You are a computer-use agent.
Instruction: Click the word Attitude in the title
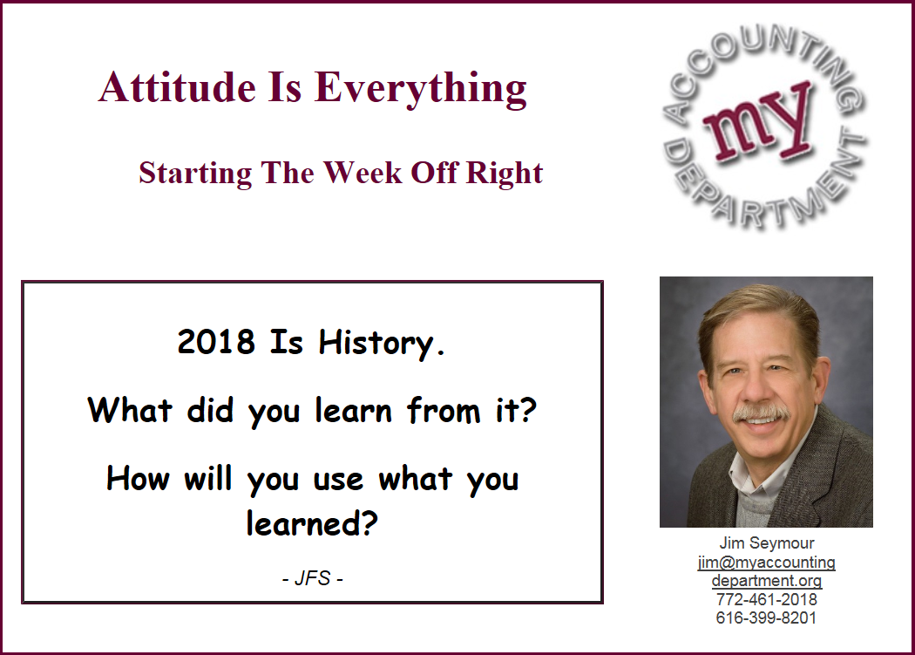(178, 87)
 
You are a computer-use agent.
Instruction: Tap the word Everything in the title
(421, 90)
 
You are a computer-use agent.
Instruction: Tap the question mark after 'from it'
(527, 409)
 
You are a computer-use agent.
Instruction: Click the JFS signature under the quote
(312, 578)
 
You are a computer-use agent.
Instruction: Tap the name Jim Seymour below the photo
(766, 542)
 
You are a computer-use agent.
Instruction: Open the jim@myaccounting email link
(766, 562)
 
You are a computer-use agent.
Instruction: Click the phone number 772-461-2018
(766, 599)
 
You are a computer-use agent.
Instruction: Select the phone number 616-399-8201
(766, 618)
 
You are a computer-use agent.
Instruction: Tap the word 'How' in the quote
(138, 479)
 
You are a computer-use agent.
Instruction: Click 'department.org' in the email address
(766, 581)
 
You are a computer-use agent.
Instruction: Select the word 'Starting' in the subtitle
(195, 174)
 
